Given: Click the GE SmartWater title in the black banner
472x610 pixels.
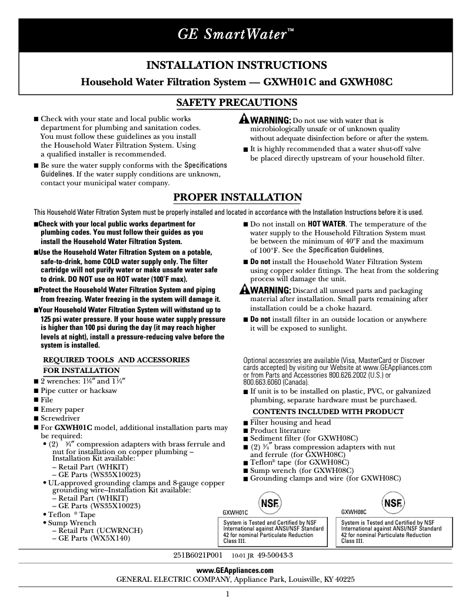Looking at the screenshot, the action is click(x=236, y=35).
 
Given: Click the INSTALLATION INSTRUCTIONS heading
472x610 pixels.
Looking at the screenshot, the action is click(x=236, y=65).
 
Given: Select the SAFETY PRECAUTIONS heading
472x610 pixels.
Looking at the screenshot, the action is click(x=237, y=103).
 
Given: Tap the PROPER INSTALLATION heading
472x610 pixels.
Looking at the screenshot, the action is click(x=237, y=196).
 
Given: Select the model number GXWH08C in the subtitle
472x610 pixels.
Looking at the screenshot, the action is click(x=366, y=81).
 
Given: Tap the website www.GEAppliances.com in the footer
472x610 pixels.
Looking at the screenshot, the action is click(x=236, y=571).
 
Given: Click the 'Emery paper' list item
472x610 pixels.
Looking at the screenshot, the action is click(x=58, y=409).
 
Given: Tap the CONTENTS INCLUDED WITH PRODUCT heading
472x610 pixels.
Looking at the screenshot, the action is click(x=328, y=412).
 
